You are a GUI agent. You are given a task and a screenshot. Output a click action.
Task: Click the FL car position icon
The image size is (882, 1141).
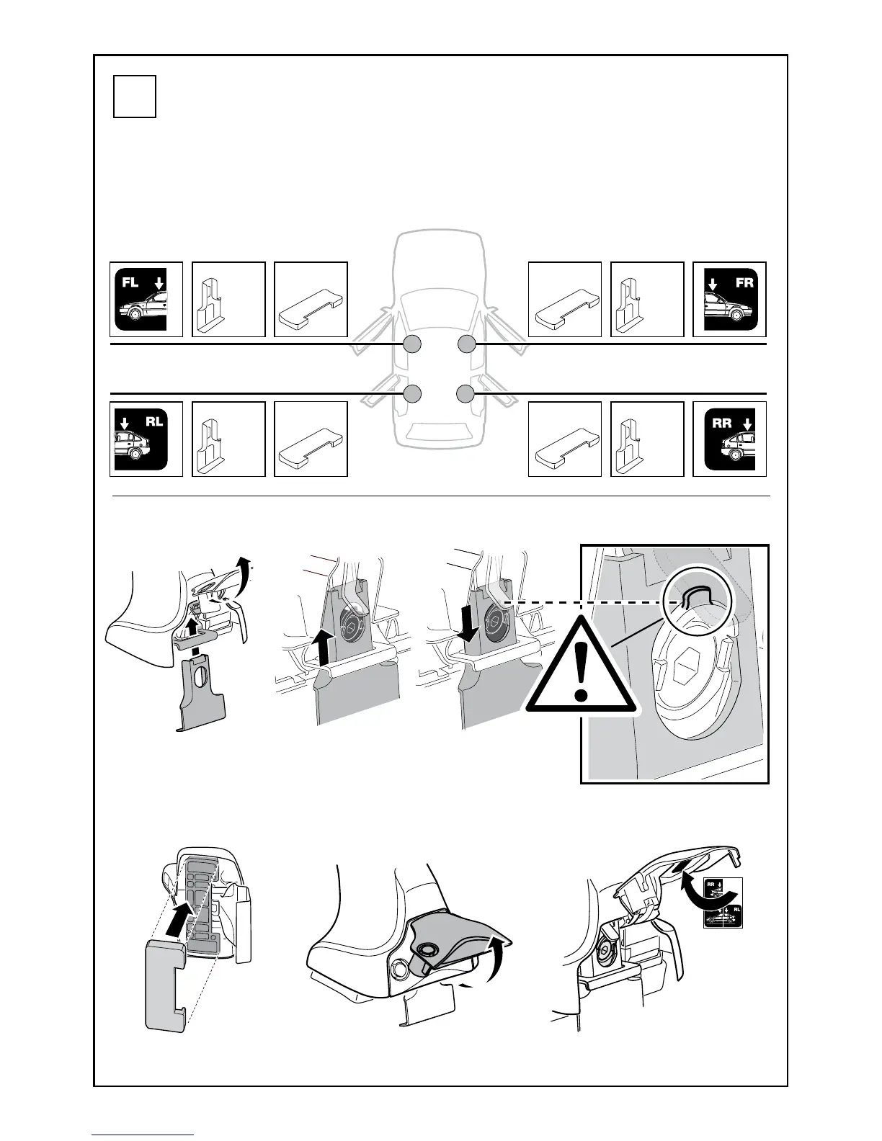[146, 299]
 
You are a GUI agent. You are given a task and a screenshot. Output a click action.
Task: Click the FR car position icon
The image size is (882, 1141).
[729, 299]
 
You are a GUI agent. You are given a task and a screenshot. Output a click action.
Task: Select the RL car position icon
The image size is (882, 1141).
[146, 439]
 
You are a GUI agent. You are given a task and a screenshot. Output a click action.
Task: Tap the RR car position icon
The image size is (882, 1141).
[729, 439]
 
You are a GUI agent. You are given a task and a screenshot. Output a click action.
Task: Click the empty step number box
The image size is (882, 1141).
[135, 97]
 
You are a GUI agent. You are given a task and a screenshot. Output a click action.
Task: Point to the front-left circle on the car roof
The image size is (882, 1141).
[411, 344]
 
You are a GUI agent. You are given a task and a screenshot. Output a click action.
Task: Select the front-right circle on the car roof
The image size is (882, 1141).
[466, 344]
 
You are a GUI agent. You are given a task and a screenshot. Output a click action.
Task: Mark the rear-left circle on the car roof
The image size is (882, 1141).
[411, 393]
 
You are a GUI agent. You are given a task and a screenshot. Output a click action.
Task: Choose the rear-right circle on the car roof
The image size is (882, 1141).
[466, 393]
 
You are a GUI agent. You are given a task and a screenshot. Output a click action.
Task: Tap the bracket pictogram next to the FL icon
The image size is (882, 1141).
[228, 299]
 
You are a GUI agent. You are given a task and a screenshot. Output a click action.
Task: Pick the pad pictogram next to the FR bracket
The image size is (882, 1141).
[565, 299]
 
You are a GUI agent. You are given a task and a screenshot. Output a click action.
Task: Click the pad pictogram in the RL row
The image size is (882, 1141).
[311, 439]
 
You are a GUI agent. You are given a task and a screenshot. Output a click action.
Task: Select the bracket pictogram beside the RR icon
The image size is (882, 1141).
[647, 439]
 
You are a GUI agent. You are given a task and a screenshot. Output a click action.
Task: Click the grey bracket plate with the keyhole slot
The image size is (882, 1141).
[201, 693]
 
